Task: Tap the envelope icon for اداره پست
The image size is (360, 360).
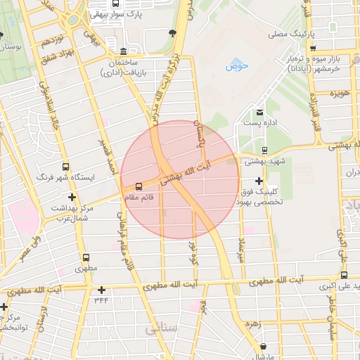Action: (x=259, y=112)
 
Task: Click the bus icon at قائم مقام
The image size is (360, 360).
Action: (x=138, y=186)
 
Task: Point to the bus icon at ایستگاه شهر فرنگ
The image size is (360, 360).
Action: (x=65, y=167)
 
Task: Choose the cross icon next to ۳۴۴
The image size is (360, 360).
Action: (x=102, y=290)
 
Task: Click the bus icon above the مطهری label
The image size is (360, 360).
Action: (x=86, y=258)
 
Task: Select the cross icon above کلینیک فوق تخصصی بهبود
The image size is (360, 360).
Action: (x=259, y=181)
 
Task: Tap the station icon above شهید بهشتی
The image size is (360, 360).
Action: (x=264, y=150)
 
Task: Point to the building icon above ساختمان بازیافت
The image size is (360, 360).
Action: (x=124, y=51)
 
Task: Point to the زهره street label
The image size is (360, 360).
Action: (x=253, y=325)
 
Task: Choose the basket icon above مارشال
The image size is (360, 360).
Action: (x=263, y=346)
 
